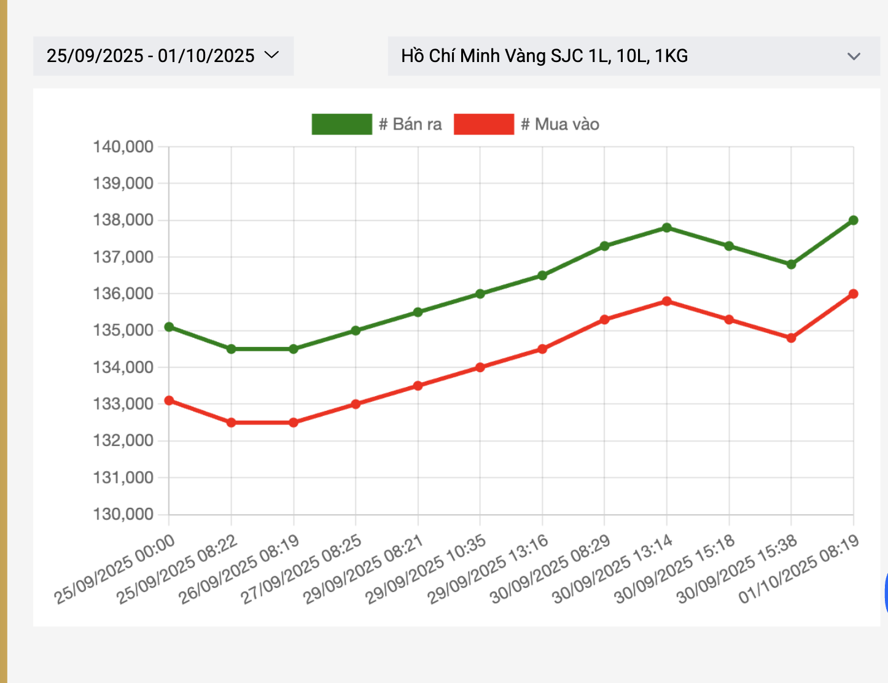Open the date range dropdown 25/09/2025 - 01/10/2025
pos(163,56)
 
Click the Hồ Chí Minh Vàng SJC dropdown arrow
pos(853,57)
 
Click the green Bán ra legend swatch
pos(341,124)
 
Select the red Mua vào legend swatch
pos(483,124)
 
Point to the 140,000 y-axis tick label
pos(123,147)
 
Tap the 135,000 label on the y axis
pos(123,330)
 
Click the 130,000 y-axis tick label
pos(123,514)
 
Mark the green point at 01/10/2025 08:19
pos(853,221)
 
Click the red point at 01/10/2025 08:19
pos(853,294)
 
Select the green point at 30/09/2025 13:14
pos(666,228)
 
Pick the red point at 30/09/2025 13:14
pos(666,302)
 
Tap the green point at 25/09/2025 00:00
pos(169,327)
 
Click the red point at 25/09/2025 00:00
pos(169,401)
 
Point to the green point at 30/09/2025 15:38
pos(791,265)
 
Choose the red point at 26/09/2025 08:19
pos(294,423)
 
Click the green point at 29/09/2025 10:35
pos(480,294)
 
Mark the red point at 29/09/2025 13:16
pos(542,349)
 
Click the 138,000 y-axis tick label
pos(123,220)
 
